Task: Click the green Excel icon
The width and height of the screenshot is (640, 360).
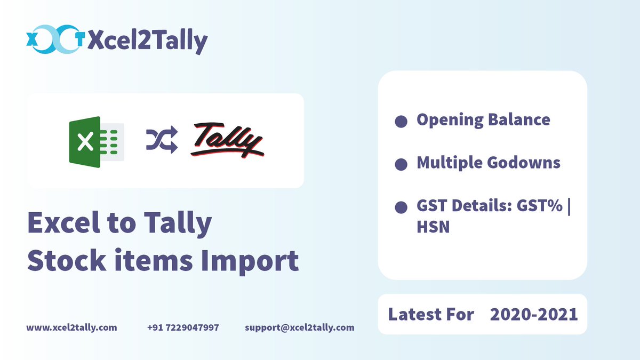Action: (96, 142)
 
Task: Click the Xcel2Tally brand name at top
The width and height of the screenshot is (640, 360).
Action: (147, 41)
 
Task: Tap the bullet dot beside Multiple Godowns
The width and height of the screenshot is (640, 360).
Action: (401, 164)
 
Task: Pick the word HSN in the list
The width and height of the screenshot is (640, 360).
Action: (433, 227)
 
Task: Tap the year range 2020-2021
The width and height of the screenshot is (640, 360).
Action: (534, 314)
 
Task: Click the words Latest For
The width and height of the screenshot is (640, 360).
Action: (431, 314)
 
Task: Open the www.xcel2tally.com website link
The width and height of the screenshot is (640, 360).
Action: (71, 327)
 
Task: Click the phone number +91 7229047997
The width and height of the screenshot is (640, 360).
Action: (183, 327)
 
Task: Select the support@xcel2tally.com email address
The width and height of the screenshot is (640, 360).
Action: (300, 327)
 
